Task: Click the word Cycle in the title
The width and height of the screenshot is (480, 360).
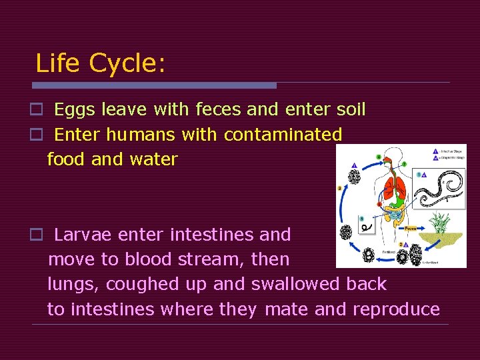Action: tap(127, 64)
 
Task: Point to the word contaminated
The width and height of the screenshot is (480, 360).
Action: tap(283, 135)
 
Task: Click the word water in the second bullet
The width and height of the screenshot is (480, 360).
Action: tap(153, 159)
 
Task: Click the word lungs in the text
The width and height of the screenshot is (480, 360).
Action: tap(73, 285)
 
